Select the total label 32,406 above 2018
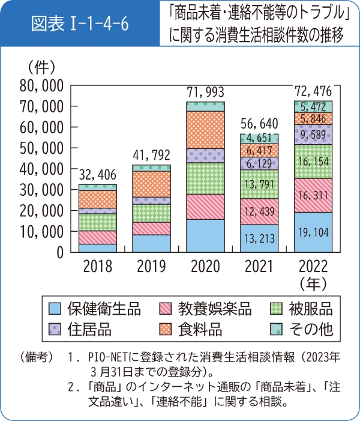(x=97, y=175)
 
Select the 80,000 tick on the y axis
(x=42, y=85)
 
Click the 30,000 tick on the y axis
(x=42, y=190)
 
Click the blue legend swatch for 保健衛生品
(x=55, y=310)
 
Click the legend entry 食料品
(x=200, y=330)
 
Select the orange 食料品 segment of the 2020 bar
(x=205, y=130)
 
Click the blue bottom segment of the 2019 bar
(x=152, y=243)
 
